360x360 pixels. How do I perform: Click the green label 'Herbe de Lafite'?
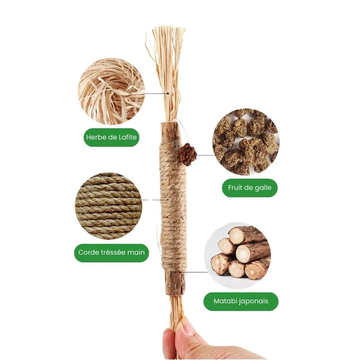111,137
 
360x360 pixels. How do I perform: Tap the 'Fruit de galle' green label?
250,188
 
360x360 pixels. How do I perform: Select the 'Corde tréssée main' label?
111,252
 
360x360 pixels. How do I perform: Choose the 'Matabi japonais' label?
241,301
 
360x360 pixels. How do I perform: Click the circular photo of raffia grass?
111,91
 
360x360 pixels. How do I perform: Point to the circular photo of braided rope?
109,206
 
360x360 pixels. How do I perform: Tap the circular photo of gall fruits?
246,142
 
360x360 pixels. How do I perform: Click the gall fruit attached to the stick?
188,155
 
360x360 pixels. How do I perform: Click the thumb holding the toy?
169,342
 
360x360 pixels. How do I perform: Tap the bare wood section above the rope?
171,133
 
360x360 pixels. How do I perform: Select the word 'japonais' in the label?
254,301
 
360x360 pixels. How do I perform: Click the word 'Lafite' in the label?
127,137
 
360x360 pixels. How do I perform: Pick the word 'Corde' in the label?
87,252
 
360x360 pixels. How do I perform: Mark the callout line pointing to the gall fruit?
205,155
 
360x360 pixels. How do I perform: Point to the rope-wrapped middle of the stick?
173,206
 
